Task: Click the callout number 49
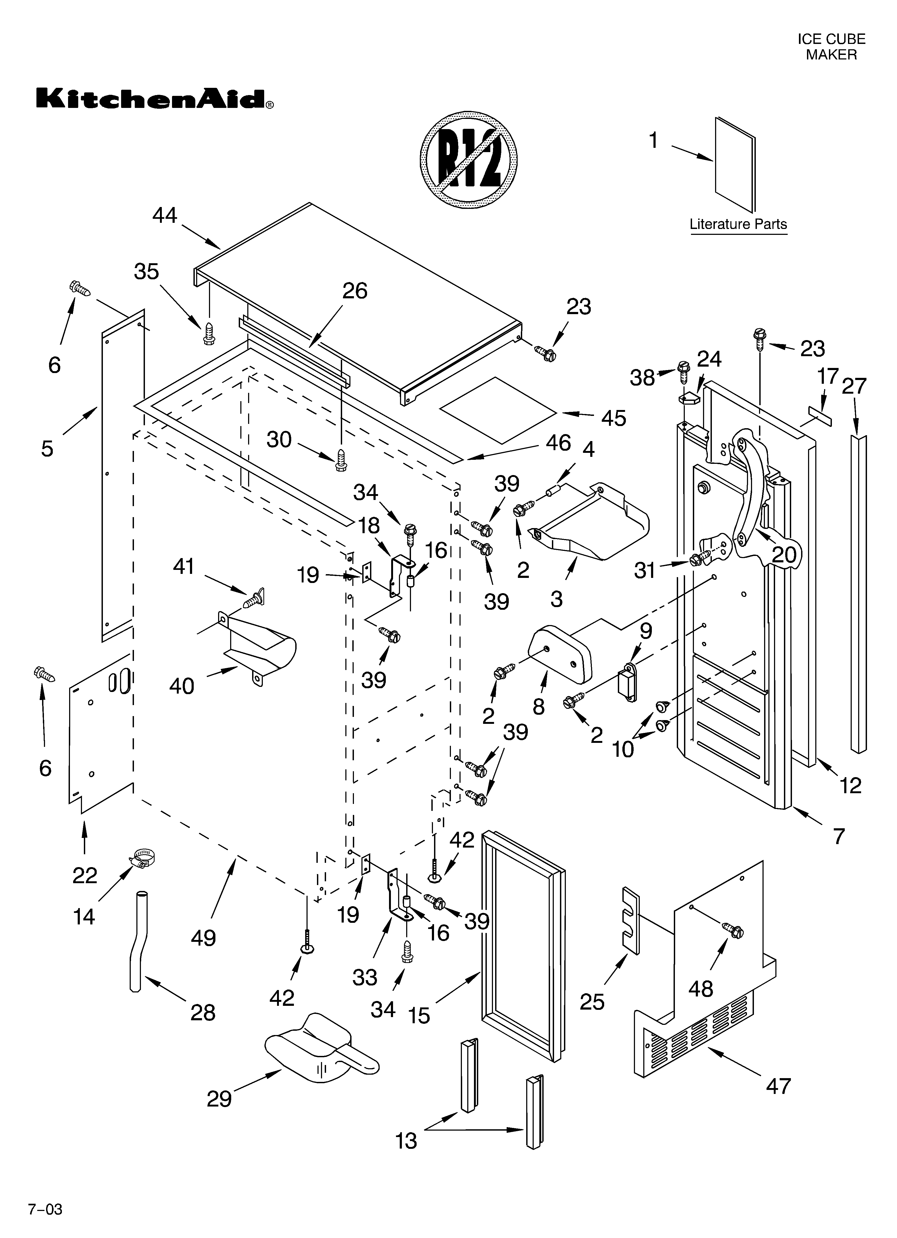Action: (203, 938)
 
